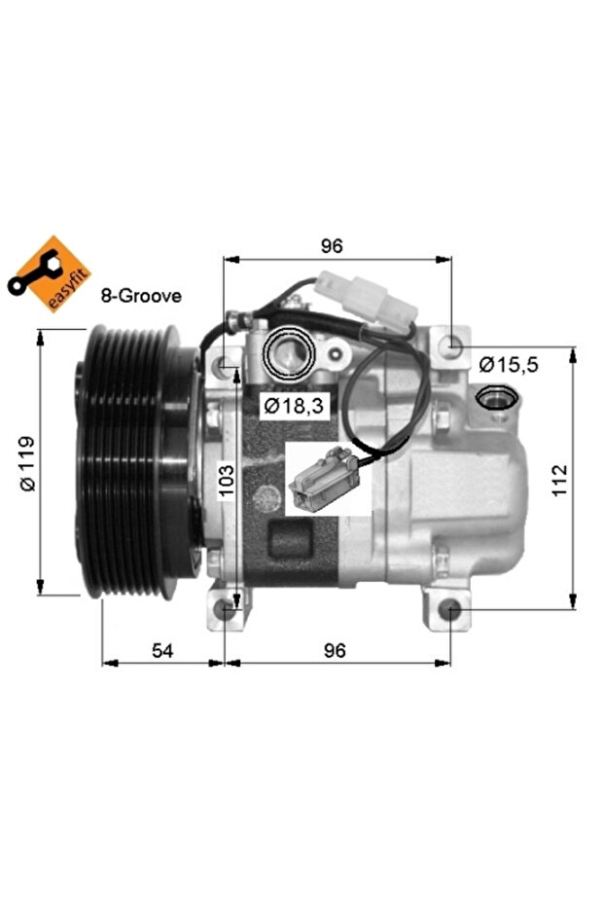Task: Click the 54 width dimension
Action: coord(162,651)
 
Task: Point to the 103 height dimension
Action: coord(226,480)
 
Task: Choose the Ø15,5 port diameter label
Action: coord(509,365)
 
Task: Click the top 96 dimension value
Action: coord(333,246)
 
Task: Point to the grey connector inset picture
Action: coord(327,478)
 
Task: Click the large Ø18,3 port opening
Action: coord(289,351)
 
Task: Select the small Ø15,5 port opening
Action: coord(497,396)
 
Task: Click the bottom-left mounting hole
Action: coord(226,610)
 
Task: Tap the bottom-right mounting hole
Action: coord(448,610)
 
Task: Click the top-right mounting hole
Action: coord(448,347)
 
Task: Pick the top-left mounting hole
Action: coord(227,366)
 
